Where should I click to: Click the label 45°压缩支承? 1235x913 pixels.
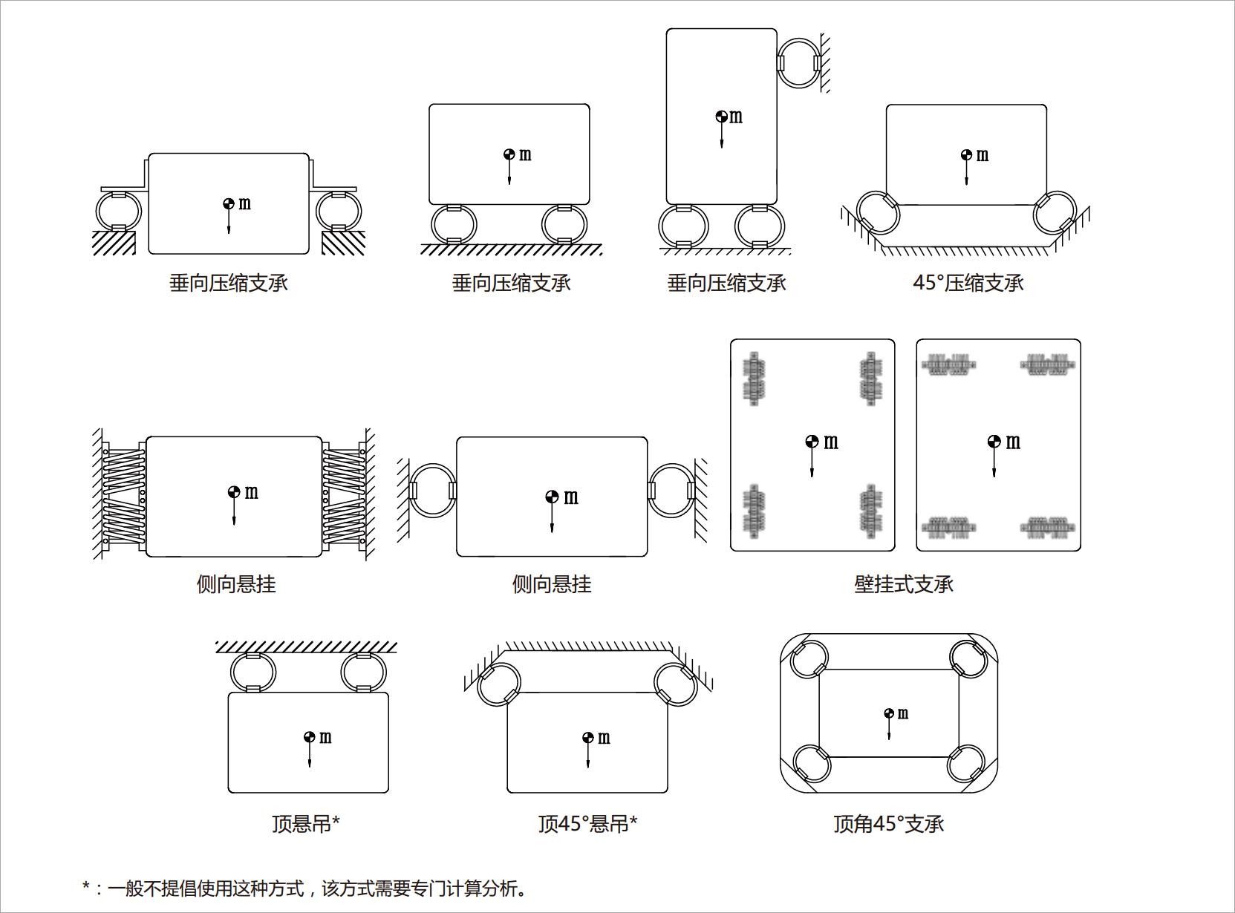click(x=968, y=284)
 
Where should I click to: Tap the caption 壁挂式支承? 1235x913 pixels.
click(x=904, y=585)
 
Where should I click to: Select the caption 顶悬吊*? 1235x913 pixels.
click(x=306, y=824)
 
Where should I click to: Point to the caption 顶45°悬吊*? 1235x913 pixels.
click(x=587, y=824)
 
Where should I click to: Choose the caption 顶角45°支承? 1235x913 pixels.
click(x=888, y=824)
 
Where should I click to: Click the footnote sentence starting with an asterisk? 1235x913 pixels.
click(x=305, y=888)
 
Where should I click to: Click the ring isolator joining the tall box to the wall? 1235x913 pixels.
click(x=799, y=63)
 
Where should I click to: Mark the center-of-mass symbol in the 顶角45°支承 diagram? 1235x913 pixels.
click(x=889, y=714)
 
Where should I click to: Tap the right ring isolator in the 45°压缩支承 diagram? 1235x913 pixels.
click(x=1054, y=212)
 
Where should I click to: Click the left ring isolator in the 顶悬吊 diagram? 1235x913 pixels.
click(x=253, y=673)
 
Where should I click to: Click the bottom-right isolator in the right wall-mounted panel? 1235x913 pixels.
click(x=1047, y=527)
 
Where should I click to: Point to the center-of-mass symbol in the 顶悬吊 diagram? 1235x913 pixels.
click(x=310, y=737)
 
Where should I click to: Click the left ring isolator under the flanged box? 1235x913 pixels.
click(x=119, y=211)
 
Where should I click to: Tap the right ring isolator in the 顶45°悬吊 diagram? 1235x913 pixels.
click(x=676, y=684)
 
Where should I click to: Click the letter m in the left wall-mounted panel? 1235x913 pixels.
click(x=831, y=442)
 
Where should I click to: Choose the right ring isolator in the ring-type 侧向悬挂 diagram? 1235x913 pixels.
click(x=671, y=491)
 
